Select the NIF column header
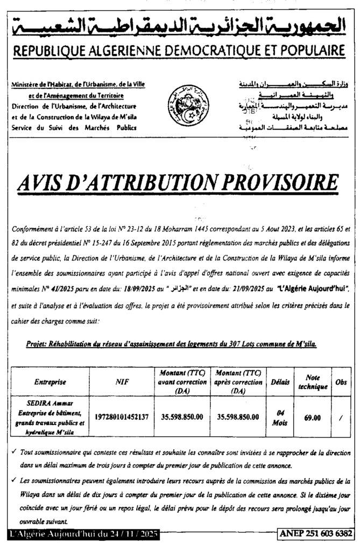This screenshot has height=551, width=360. click(x=122, y=382)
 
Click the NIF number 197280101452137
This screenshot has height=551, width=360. click(x=122, y=417)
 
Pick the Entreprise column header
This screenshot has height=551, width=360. click(x=50, y=382)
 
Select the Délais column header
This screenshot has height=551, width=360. click(x=280, y=382)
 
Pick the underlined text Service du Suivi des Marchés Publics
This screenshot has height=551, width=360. click(x=73, y=127)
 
